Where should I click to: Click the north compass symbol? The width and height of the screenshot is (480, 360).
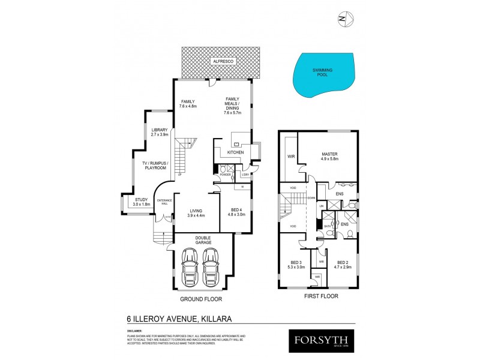click(343, 19)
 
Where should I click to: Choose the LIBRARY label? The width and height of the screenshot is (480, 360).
click(160, 130)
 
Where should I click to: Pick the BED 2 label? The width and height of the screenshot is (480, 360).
click(343, 263)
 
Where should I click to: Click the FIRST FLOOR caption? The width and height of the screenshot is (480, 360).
click(322, 296)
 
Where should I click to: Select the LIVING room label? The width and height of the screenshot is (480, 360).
click(196, 211)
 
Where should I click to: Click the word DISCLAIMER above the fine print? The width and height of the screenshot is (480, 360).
click(135, 330)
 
